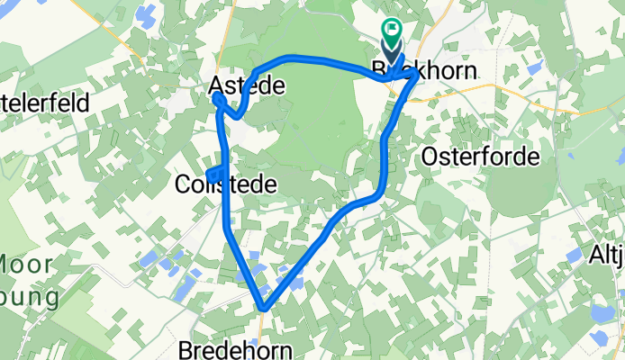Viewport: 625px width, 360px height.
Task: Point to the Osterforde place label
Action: click(481, 157)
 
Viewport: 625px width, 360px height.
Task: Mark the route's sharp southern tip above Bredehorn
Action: click(263, 309)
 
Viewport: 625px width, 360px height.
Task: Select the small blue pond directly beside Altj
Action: click(575, 255)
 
